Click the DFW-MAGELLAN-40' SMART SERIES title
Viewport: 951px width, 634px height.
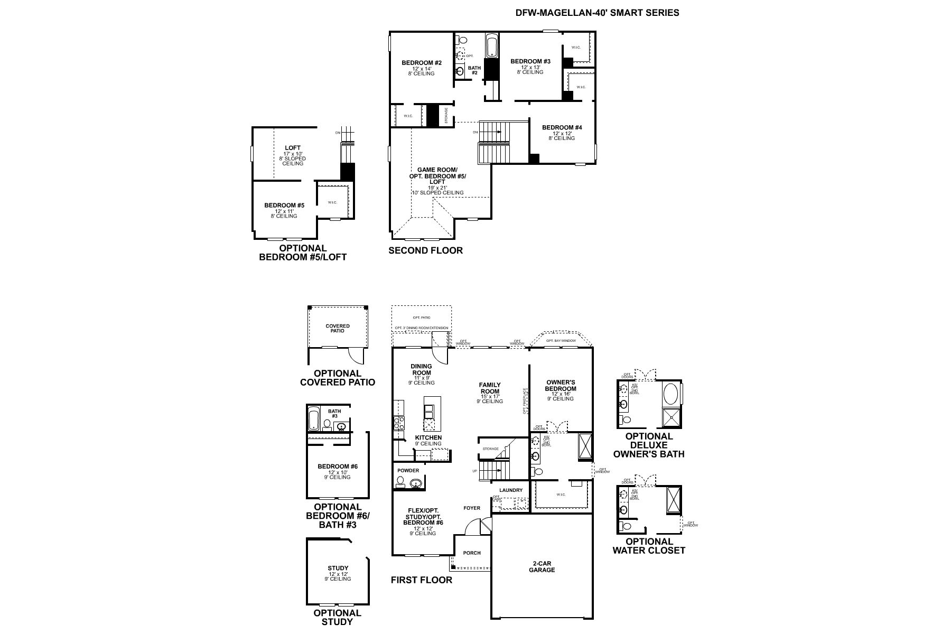tap(597, 13)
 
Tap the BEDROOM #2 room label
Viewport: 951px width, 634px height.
tap(421, 63)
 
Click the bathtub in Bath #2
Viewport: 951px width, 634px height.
tap(491, 46)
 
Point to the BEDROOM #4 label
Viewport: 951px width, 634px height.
tap(562, 127)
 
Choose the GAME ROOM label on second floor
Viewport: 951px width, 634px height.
tap(437, 170)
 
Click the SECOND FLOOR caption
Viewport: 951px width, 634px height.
tap(425, 250)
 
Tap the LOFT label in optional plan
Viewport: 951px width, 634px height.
tap(293, 148)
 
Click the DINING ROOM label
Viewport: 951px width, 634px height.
tap(421, 369)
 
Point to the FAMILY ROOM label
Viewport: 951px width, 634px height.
tap(490, 388)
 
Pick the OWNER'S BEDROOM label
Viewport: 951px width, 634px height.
tap(561, 385)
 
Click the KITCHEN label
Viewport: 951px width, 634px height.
tap(428, 437)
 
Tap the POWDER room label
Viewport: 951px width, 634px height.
tap(408, 470)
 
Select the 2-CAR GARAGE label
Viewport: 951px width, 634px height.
tap(542, 566)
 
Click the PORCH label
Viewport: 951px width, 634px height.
tap(472, 553)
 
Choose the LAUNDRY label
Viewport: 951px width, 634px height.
tap(510, 490)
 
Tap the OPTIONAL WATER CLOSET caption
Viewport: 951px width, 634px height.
tap(649, 546)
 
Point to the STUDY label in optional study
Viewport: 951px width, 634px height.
tap(338, 568)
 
